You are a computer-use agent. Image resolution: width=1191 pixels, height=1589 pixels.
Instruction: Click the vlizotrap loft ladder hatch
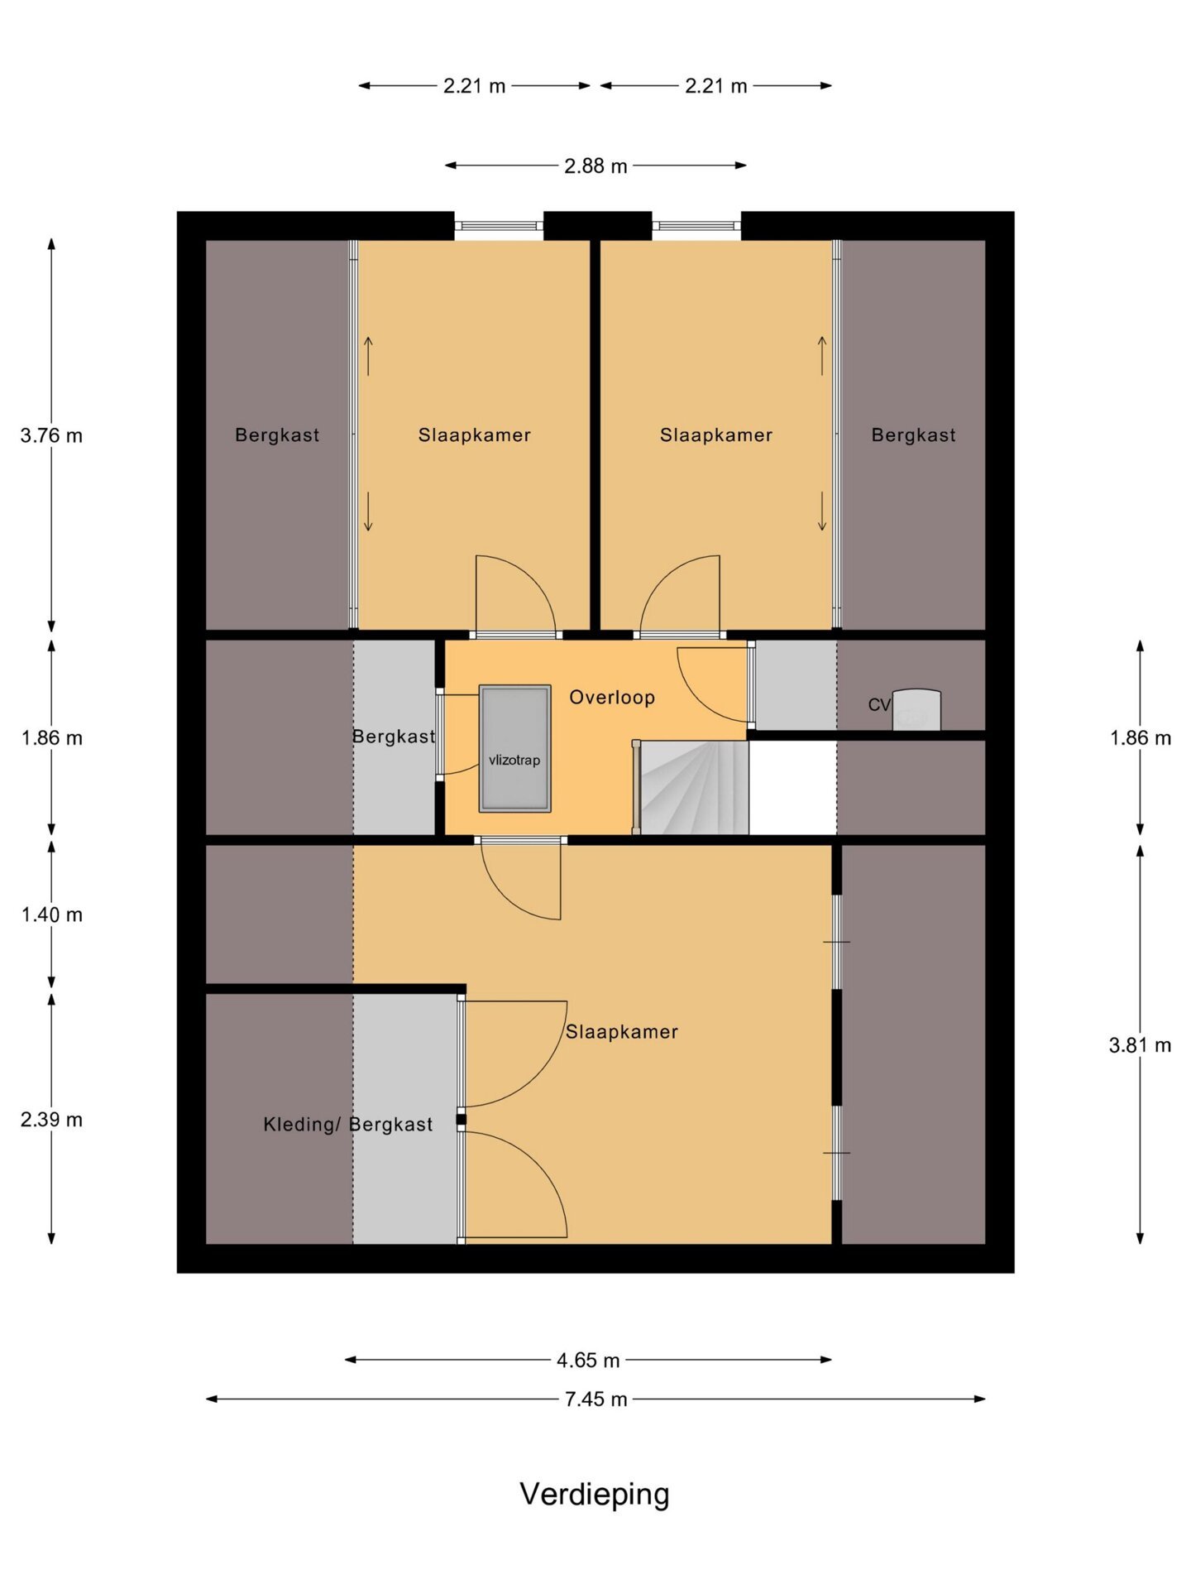pyautogui.click(x=514, y=748)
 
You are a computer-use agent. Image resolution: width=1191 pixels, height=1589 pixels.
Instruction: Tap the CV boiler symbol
pyautogui.click(x=916, y=710)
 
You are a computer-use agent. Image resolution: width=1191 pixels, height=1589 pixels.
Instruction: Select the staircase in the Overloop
pyautogui.click(x=691, y=787)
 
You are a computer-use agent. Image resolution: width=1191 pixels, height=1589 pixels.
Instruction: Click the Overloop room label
pyautogui.click(x=612, y=698)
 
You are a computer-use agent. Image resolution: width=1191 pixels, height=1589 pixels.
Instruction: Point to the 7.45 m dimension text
pyautogui.click(x=595, y=1399)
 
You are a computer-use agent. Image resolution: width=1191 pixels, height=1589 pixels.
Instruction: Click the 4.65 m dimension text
pyautogui.click(x=588, y=1360)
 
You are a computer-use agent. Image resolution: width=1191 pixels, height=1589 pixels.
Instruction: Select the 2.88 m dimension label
pyautogui.click(x=595, y=166)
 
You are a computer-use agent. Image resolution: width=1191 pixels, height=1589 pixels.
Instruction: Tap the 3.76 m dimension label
pyautogui.click(x=51, y=435)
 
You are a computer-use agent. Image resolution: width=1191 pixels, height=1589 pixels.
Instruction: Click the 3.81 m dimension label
pyautogui.click(x=1140, y=1045)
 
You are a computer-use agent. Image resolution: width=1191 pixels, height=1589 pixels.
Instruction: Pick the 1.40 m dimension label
pyautogui.click(x=51, y=915)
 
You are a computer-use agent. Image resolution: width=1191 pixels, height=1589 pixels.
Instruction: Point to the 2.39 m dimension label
pyautogui.click(x=51, y=1120)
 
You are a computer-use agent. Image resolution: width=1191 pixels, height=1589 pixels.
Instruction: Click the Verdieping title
pyautogui.click(x=595, y=1495)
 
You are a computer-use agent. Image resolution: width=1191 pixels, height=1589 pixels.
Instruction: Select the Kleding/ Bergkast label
pyautogui.click(x=347, y=1125)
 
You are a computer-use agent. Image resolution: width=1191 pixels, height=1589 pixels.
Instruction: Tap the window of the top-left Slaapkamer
pyautogui.click(x=499, y=225)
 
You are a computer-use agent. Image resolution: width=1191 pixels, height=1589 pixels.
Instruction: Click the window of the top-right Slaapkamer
pyautogui.click(x=696, y=225)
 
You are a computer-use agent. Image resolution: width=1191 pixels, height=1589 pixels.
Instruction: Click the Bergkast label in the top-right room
pyautogui.click(x=913, y=435)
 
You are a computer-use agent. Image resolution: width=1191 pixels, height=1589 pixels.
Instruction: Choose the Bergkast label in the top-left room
pyautogui.click(x=277, y=435)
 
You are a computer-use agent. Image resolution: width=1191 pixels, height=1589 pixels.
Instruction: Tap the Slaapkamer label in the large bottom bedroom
pyautogui.click(x=622, y=1032)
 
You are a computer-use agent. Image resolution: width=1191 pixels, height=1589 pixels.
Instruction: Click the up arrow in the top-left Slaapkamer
pyautogui.click(x=369, y=357)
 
